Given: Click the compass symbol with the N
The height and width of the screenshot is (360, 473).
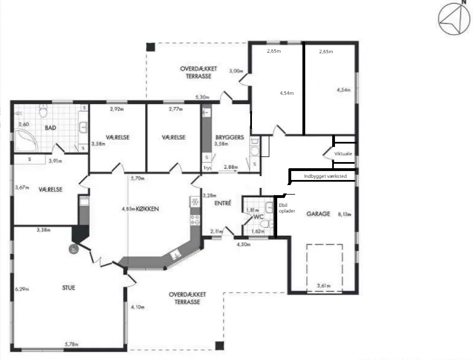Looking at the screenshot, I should click(453, 18).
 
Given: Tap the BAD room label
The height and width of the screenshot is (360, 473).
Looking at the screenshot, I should click(50, 128).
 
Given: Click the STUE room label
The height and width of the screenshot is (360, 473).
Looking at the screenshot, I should click(69, 288).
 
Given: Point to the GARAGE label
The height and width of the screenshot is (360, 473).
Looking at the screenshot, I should click(318, 214).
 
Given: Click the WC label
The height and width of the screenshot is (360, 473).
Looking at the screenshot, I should click(259, 216).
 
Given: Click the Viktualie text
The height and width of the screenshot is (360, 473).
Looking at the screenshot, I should click(343, 153).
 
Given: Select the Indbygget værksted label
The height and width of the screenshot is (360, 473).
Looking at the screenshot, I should click(325, 176).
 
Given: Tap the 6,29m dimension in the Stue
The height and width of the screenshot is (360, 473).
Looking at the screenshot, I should click(22, 289).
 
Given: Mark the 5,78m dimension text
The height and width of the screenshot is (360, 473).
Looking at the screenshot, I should click(72, 343).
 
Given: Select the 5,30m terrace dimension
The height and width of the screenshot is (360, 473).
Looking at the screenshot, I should click(203, 98).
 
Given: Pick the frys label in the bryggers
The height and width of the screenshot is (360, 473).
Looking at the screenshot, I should click(206, 168).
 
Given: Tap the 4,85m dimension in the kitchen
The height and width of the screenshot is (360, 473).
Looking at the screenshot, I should click(128, 209).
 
